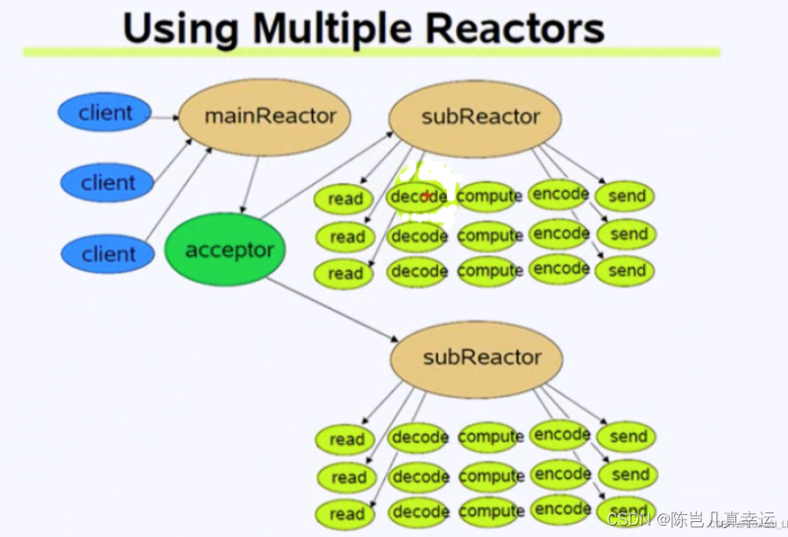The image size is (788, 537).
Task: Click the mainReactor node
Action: click(x=264, y=117)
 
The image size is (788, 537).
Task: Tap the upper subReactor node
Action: click(x=474, y=117)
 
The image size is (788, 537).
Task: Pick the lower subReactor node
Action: click(x=477, y=358)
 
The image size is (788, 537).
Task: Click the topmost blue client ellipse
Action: click(x=104, y=113)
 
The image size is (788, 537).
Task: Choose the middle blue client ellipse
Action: click(x=107, y=183)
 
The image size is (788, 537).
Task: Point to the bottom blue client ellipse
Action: click(x=107, y=254)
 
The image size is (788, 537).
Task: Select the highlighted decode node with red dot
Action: click(x=418, y=197)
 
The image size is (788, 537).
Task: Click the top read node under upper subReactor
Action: click(x=344, y=199)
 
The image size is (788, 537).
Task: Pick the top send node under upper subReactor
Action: click(x=626, y=197)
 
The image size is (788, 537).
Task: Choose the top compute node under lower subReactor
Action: click(x=490, y=437)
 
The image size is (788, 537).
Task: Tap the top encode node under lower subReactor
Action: click(x=561, y=435)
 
